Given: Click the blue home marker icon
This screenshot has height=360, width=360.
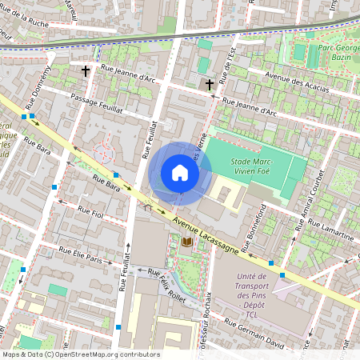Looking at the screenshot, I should coord(180,173).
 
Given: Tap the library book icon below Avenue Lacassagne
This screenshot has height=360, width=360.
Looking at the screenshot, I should coord(187,242).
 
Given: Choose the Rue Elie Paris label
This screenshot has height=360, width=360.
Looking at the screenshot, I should coord(82,258).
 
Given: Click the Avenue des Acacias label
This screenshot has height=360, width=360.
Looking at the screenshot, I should coord(297,83).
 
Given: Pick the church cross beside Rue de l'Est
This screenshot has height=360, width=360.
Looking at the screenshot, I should coord(210,84).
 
